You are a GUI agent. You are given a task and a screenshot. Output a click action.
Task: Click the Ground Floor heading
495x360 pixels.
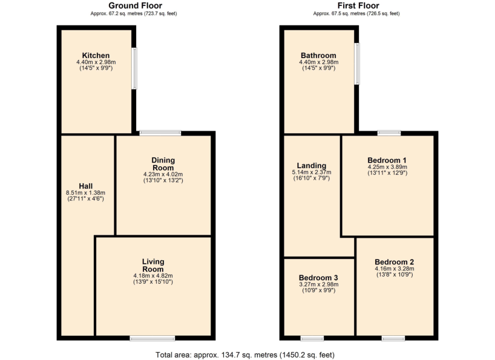pyautogui.click(x=135, y=5)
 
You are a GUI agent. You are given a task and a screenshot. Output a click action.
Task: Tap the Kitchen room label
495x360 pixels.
pyautogui.click(x=96, y=56)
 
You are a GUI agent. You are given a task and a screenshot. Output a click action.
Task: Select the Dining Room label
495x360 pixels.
pyautogui.click(x=163, y=164)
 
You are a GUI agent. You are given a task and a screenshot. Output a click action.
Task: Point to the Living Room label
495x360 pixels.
pyautogui.click(x=153, y=266)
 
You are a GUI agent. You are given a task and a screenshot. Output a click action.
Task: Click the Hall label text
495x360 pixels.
pyautogui.click(x=85, y=186)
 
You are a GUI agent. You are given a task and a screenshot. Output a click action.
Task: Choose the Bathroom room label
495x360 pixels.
pyautogui.click(x=318, y=56)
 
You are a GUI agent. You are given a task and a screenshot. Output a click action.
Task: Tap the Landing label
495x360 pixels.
pyautogui.click(x=312, y=166)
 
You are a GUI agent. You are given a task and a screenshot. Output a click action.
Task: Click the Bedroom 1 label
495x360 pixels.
pyautogui.click(x=387, y=160)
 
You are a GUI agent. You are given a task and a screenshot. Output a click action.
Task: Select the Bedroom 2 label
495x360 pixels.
pyautogui.click(x=394, y=263)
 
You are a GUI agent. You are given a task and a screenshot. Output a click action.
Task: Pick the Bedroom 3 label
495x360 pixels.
pyautogui.click(x=318, y=278)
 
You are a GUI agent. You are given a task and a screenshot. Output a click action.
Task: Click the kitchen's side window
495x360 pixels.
pyautogui.click(x=135, y=68)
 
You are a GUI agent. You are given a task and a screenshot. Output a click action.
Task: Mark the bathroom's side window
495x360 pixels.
pyautogui.click(x=357, y=64)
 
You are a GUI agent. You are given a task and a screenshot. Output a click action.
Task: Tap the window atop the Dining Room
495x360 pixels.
pyautogui.click(x=160, y=133)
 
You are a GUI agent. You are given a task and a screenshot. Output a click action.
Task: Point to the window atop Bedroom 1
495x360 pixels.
pyautogui.click(x=389, y=133)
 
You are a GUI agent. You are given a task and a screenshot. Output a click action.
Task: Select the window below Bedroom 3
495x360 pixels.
pyautogui.click(x=312, y=338)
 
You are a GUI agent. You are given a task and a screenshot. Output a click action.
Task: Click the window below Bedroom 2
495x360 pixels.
pyautogui.click(x=393, y=338)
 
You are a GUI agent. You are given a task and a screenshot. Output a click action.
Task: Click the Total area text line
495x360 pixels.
pyautogui.click(x=245, y=355)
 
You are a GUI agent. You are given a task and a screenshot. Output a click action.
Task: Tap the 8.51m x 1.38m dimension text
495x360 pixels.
pyautogui.click(x=85, y=193)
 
